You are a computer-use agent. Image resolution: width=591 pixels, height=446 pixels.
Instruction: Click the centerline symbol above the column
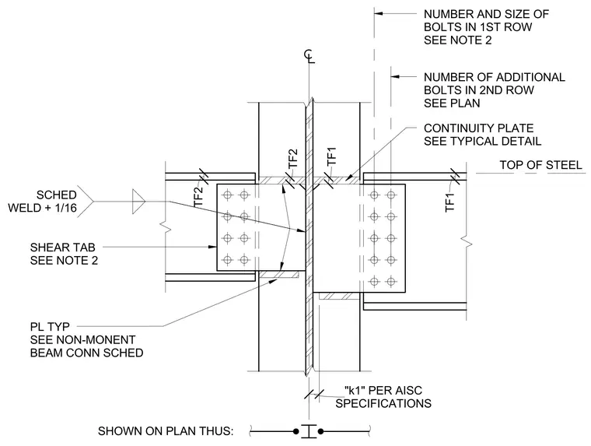[x=309, y=57]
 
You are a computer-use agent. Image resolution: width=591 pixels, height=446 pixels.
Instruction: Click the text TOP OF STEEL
[x=541, y=165]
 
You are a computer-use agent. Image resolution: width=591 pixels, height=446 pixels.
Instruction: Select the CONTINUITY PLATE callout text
[x=482, y=135]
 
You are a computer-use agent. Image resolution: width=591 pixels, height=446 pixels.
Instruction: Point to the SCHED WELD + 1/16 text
[x=43, y=201]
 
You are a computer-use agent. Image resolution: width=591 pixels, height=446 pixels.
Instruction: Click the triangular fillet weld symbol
[x=138, y=202]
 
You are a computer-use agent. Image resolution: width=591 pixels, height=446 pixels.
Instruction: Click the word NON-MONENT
[x=96, y=339]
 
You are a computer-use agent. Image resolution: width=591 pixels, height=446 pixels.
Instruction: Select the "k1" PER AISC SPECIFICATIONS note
[x=383, y=396]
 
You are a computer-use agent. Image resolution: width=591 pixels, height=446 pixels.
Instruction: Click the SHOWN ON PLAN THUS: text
[x=166, y=431]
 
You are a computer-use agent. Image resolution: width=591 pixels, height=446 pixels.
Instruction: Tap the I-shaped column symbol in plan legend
[x=309, y=431]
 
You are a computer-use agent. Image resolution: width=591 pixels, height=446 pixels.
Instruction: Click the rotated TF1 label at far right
[x=450, y=202]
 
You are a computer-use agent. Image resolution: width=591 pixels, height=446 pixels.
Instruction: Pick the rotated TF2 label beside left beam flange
[x=198, y=198]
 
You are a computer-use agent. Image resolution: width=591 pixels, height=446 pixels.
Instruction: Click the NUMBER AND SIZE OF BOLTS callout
[x=486, y=26]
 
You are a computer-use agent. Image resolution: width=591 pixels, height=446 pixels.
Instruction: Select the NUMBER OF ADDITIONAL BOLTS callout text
[x=495, y=90]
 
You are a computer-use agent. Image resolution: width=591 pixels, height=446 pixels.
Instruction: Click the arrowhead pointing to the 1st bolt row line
[x=379, y=13]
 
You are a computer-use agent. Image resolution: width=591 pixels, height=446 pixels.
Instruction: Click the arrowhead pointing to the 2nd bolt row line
[x=395, y=76]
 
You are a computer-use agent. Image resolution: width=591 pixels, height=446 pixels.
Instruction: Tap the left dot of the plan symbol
[x=296, y=431]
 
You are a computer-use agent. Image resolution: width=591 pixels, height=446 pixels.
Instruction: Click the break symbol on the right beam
[x=467, y=243]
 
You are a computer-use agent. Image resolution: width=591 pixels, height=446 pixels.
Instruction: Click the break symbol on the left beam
[x=166, y=227]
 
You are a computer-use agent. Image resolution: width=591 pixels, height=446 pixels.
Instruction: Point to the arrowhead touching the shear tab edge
[x=212, y=248]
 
